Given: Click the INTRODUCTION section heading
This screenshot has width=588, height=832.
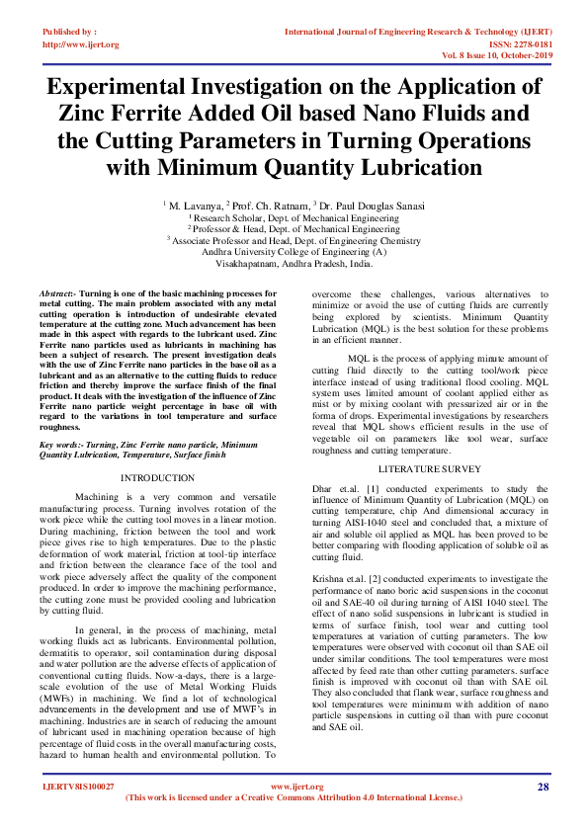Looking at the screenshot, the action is tap(157, 478).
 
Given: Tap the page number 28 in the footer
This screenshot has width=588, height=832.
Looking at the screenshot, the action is tap(543, 787).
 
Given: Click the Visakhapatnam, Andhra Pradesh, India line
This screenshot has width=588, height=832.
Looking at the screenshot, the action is tap(294, 265).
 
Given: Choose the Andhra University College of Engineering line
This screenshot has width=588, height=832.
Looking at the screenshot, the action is tap(294, 252).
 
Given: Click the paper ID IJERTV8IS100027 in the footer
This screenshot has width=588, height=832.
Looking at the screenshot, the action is tap(78, 787).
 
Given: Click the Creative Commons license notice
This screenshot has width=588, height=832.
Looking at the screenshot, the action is tap(294, 796).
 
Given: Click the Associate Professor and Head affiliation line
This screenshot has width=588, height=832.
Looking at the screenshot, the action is tap(294, 240).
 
